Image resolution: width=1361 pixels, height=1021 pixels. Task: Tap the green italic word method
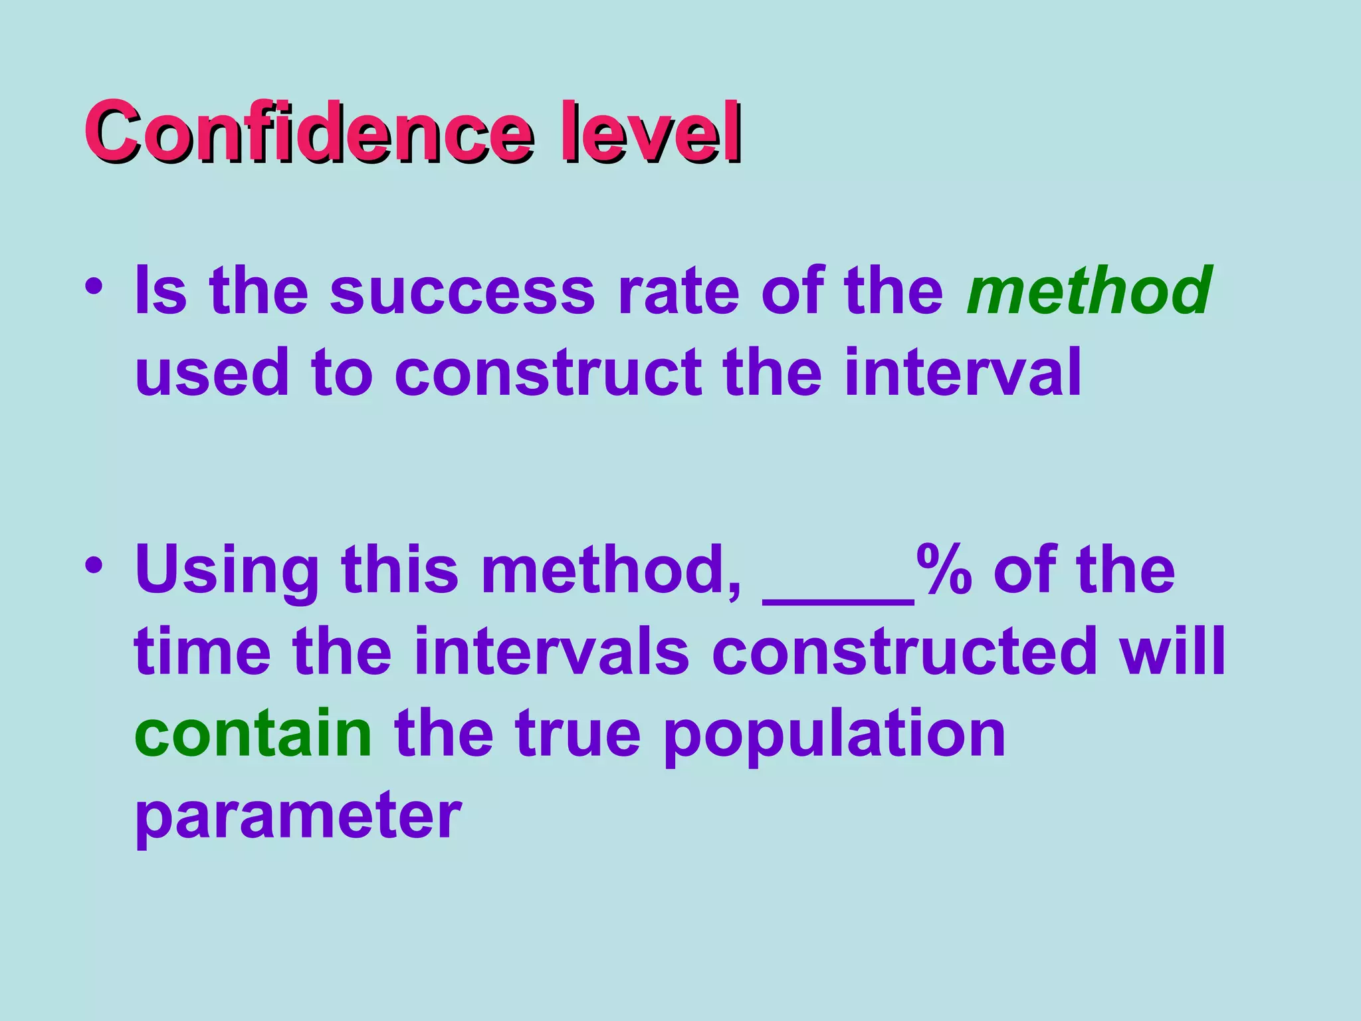click(1089, 290)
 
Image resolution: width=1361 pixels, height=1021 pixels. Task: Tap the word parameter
click(298, 816)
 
